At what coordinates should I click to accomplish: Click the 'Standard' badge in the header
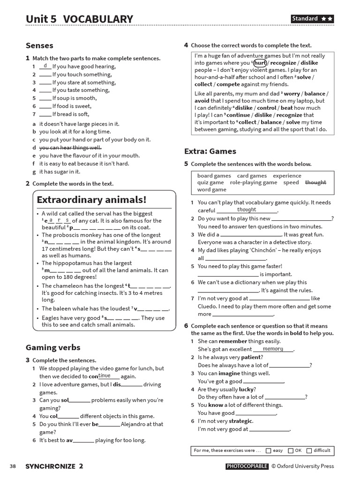(x=312, y=19)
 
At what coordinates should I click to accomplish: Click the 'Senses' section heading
(x=39, y=45)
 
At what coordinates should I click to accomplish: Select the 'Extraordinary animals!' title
(x=91, y=200)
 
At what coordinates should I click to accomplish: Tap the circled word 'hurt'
(x=260, y=63)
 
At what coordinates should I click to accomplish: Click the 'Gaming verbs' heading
(x=52, y=347)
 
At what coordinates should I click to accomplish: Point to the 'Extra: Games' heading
(x=210, y=151)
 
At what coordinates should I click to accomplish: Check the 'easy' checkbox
(x=268, y=450)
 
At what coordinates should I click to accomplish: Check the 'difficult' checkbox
(x=309, y=450)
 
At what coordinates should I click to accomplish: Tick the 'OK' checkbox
(x=291, y=450)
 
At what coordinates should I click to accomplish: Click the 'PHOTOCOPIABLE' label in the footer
(x=247, y=466)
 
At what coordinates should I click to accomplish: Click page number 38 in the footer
(x=13, y=466)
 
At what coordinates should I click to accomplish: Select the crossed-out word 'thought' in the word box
(x=315, y=182)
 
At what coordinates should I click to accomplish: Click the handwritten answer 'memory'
(x=273, y=349)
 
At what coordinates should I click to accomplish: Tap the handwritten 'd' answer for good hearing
(x=45, y=66)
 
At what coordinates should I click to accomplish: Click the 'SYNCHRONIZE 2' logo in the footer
(x=54, y=466)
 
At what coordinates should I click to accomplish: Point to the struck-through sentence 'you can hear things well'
(x=70, y=147)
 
